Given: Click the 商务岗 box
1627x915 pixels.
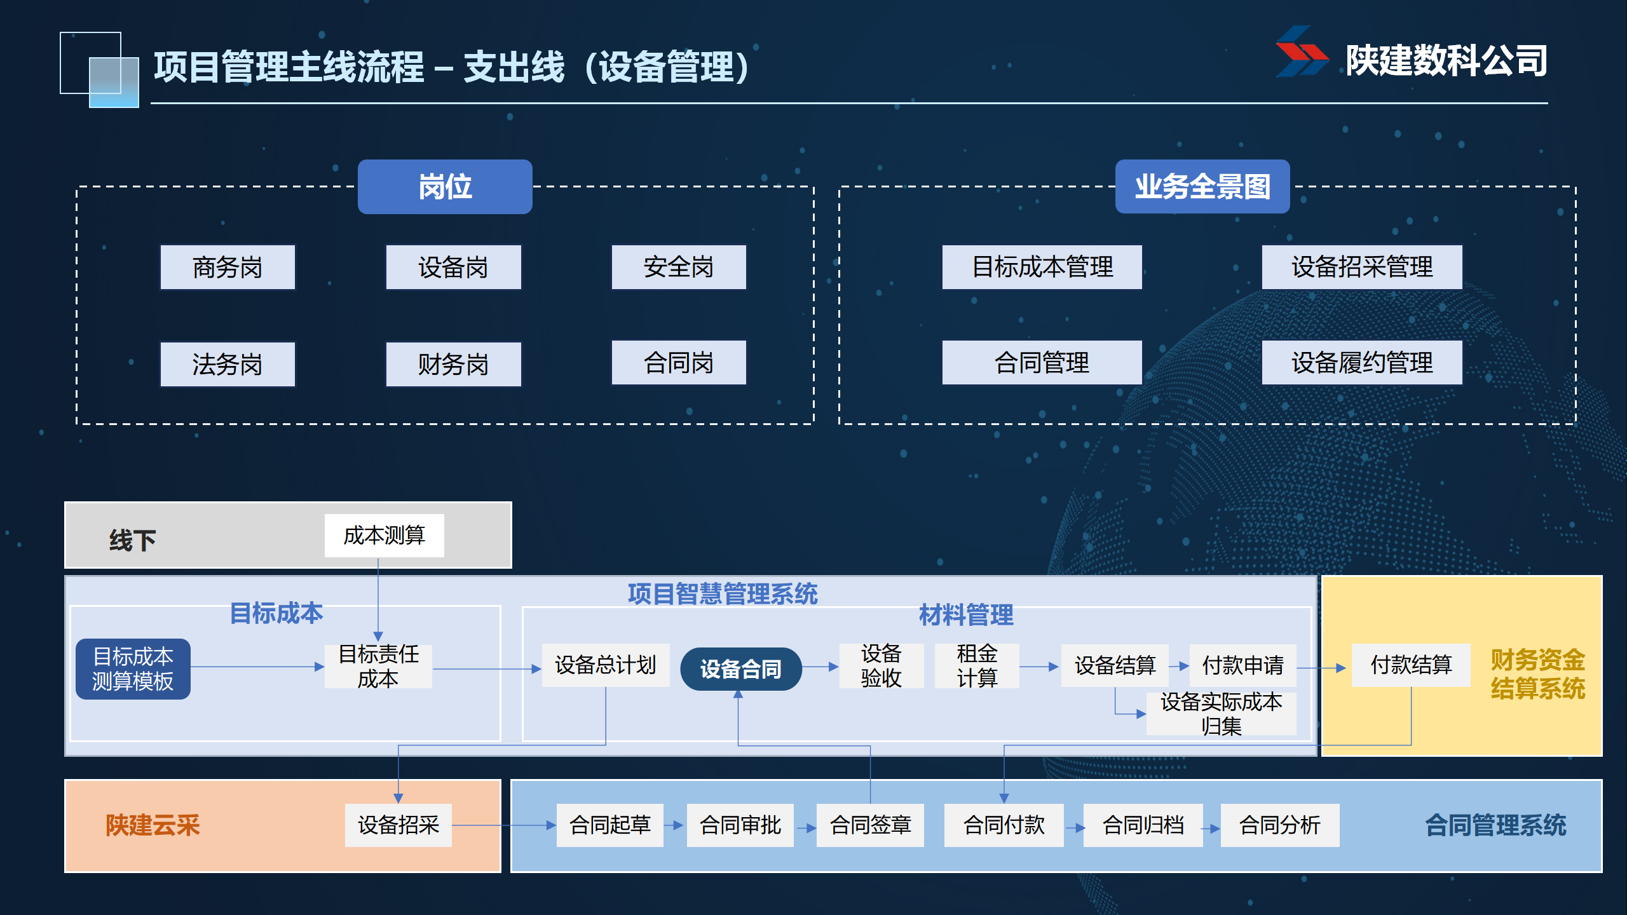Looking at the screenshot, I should click(228, 268).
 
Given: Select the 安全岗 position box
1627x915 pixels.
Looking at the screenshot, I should click(679, 268).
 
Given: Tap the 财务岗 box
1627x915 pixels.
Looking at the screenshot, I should click(453, 364).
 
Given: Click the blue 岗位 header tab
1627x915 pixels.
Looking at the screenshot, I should click(445, 187).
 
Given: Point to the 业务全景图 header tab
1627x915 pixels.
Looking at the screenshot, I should click(1202, 187).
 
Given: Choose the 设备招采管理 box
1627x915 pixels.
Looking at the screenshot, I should click(1361, 268).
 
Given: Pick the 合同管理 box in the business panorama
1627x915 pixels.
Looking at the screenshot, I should click(1042, 363).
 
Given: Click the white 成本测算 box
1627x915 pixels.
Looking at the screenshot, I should click(384, 536).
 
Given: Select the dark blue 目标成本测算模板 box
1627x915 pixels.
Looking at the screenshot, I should click(133, 668).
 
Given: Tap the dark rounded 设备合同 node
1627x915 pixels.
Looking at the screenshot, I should click(740, 668).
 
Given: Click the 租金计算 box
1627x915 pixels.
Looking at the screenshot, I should click(977, 666).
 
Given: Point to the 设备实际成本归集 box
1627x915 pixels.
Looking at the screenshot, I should click(1221, 714).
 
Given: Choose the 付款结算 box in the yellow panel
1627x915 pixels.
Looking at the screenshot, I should click(1411, 665).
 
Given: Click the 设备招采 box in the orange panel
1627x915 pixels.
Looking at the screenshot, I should click(398, 825).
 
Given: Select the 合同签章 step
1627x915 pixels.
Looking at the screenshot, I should click(870, 825).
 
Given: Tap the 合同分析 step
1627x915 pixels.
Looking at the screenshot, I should click(1279, 825).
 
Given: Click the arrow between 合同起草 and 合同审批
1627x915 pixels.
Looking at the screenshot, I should click(675, 825).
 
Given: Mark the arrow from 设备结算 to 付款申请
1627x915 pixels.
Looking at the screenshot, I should click(1180, 666).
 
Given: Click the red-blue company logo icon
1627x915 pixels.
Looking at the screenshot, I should click(1302, 52).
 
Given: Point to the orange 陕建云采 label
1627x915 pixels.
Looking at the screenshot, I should click(153, 825).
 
